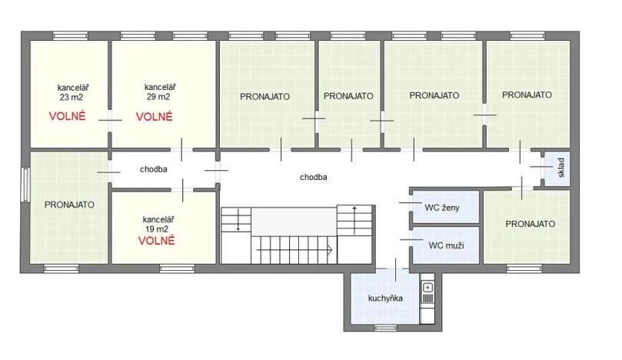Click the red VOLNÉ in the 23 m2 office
coord(67,117)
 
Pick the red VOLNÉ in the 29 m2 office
coord(155,117)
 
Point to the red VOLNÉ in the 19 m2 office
coord(157,240)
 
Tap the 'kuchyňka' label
coord(385,298)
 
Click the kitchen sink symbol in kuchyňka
coord(428,288)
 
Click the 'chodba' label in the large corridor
coord(314,177)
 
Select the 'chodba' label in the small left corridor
coord(154,169)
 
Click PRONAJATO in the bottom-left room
coord(69,205)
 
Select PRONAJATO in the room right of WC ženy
coord(531,224)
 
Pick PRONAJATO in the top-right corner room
coord(527,95)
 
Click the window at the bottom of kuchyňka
coord(384,328)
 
